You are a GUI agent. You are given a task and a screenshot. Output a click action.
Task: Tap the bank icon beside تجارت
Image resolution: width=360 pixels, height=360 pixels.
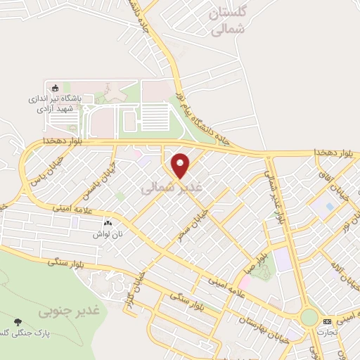pos(327,321)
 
